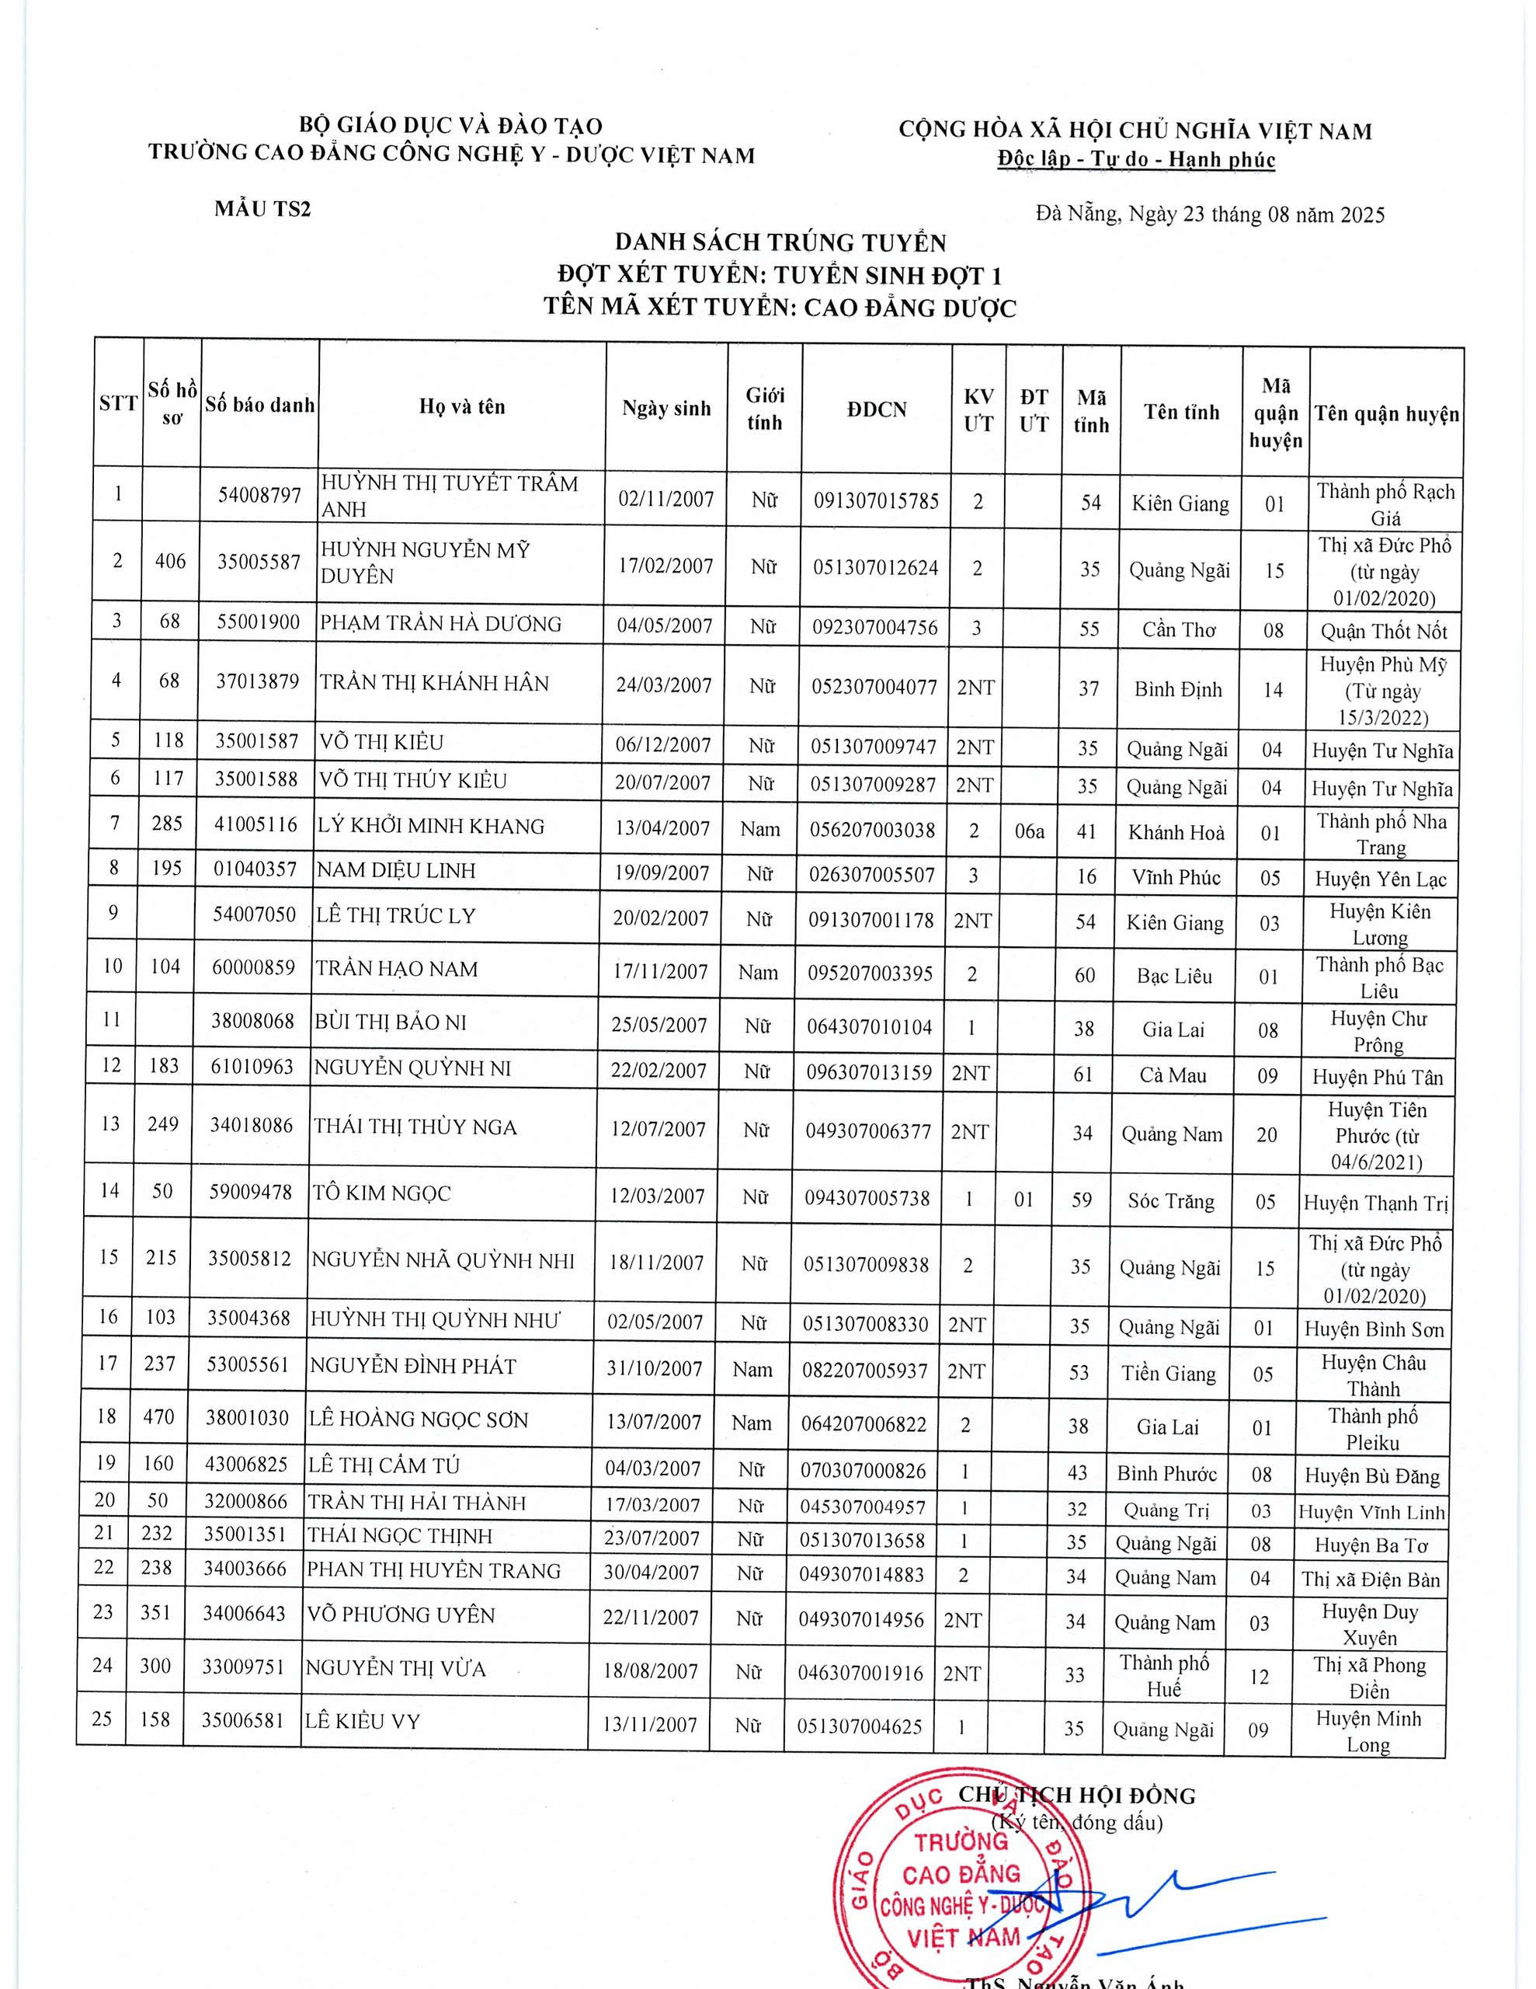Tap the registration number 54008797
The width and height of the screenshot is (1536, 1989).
[x=259, y=496]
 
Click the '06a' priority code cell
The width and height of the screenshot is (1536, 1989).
[x=1030, y=831]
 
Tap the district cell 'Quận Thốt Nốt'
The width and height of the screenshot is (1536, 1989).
[x=1384, y=631]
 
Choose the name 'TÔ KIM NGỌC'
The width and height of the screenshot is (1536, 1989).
[x=381, y=1193]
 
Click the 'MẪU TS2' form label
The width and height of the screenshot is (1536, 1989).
[x=262, y=208]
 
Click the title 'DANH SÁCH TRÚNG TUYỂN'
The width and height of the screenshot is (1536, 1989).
[x=780, y=242]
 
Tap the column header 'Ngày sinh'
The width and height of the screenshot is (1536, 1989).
[x=666, y=408]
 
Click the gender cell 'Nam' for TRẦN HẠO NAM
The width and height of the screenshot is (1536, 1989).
[x=758, y=973]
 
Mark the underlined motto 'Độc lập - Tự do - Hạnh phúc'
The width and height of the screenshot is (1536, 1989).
[x=1135, y=159]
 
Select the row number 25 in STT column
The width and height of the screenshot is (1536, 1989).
[x=102, y=1719]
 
